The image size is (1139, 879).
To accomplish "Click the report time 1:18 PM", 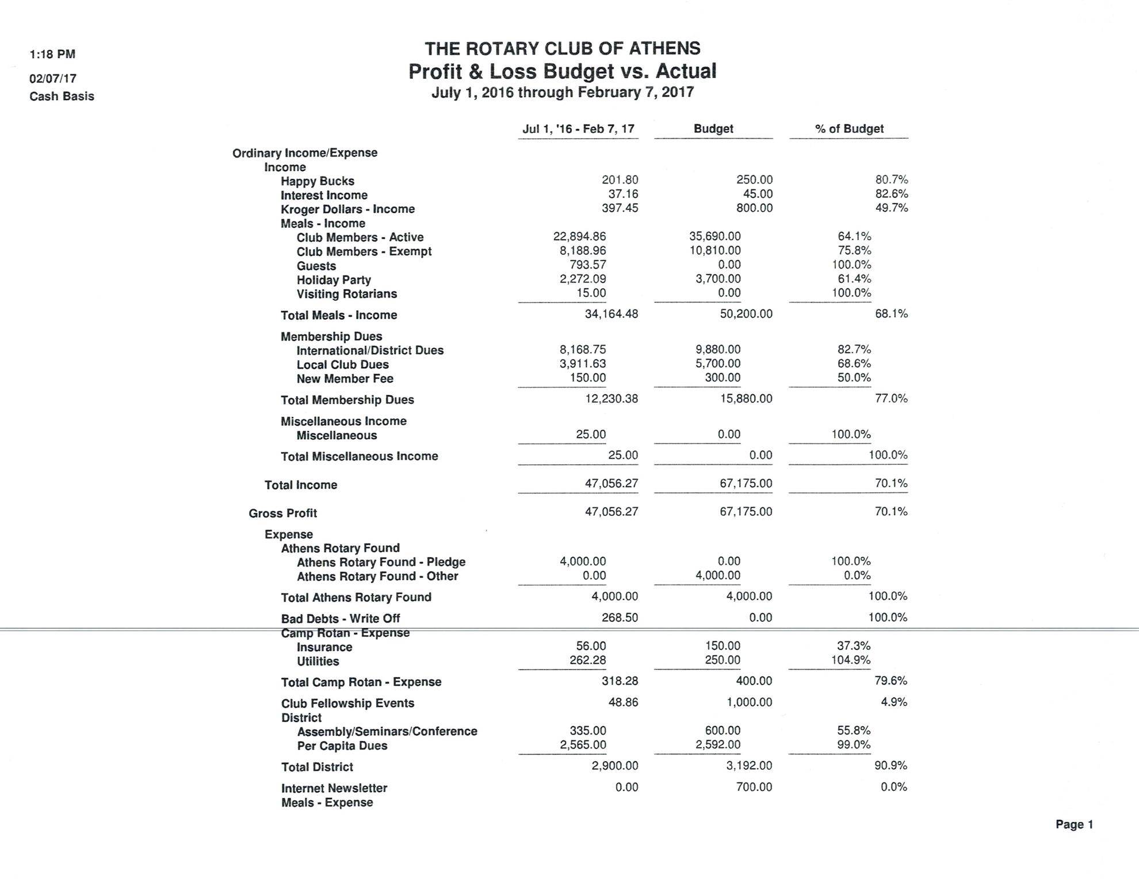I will point(52,54).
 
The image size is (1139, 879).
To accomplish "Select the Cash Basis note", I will point(62,96).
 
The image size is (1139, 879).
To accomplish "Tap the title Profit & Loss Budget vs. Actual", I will point(562,71).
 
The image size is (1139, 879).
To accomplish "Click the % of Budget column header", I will point(848,129).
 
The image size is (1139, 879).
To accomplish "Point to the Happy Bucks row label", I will point(317,181).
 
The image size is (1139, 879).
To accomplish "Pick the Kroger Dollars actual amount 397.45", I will point(620,208).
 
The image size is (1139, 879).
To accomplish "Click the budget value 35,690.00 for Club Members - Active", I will point(714,236).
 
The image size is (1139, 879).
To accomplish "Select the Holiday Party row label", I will point(334,280).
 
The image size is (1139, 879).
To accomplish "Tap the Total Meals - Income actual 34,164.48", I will point(611,314).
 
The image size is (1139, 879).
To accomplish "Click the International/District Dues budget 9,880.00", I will point(717,350).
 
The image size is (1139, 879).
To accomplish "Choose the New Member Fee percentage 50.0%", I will point(854,378).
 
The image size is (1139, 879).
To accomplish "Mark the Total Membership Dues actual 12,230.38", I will point(611,399).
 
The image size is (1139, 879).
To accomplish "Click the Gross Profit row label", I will point(282,513).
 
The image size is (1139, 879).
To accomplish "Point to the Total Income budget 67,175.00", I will point(746,483).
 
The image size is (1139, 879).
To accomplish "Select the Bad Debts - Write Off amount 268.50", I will point(620,618).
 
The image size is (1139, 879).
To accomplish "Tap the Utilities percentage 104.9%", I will point(850,660).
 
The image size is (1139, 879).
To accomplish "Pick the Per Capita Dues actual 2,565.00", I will point(583,745).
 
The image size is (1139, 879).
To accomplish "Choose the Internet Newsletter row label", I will point(334,788).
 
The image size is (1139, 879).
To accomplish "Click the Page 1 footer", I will point(1074,824).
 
